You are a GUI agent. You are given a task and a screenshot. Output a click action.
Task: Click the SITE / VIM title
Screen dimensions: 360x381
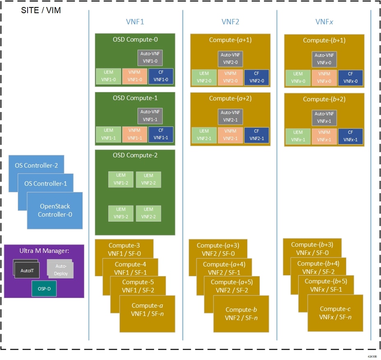(x=41, y=10)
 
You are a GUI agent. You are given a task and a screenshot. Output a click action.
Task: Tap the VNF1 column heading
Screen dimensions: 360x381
(x=135, y=22)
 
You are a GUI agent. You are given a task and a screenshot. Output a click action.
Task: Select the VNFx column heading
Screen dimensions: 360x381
(x=324, y=22)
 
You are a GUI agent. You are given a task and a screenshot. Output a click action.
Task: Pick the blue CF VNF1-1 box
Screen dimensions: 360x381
(x=161, y=134)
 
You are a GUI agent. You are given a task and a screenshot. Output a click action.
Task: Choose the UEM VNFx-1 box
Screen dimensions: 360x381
(x=297, y=137)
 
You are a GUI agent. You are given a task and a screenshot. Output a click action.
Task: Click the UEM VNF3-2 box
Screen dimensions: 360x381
(x=121, y=213)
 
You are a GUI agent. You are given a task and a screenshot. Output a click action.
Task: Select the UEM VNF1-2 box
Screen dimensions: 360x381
(x=121, y=179)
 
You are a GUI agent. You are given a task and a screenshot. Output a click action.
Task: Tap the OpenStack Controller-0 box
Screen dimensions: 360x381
(x=55, y=210)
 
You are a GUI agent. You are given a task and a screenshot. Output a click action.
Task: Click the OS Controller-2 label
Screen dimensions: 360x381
(x=36, y=166)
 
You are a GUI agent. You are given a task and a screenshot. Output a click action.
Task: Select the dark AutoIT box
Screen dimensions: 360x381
(x=27, y=270)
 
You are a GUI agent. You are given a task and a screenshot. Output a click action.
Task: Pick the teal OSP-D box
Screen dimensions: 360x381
(x=44, y=289)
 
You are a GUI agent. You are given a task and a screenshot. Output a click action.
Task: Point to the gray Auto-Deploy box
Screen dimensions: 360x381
(x=61, y=270)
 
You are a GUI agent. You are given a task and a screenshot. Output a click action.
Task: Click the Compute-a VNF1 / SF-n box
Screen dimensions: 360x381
(x=147, y=313)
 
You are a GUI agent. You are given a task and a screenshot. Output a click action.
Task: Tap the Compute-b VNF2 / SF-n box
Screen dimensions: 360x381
(x=241, y=313)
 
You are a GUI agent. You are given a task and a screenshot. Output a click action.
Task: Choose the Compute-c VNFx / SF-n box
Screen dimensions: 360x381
(x=335, y=313)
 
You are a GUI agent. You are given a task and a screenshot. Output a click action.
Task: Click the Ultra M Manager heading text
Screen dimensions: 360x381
(x=44, y=251)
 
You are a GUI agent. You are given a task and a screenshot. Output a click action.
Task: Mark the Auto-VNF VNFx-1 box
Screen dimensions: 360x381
(x=325, y=118)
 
